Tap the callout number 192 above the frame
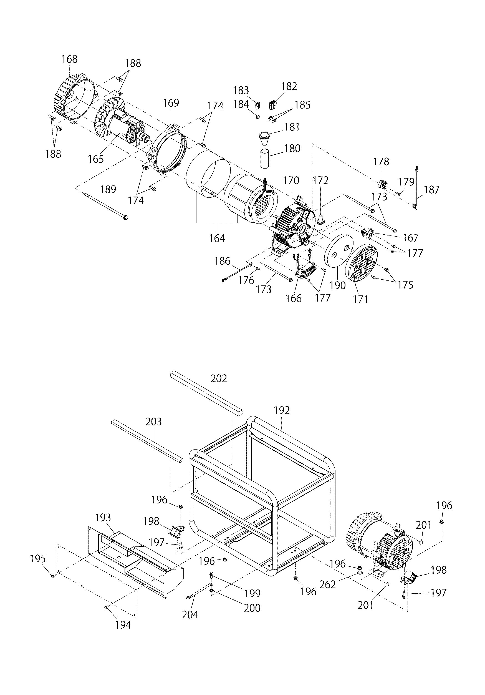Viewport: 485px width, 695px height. point(282,410)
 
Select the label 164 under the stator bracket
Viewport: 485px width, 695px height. point(217,238)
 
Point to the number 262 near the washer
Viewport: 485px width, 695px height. point(328,584)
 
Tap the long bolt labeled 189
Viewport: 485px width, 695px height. point(106,206)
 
